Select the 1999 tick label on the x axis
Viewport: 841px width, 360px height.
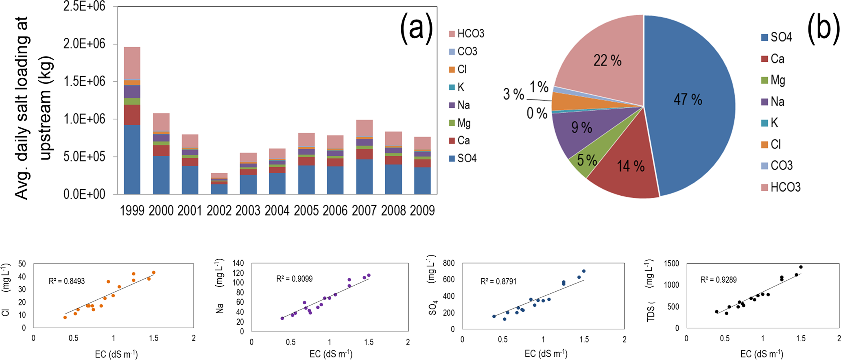point(132,210)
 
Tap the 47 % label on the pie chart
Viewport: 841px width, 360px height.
point(688,99)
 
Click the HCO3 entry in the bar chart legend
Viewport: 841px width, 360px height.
point(467,34)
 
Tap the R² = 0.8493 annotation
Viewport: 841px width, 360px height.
point(67,281)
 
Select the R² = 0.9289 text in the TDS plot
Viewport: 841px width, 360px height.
point(719,280)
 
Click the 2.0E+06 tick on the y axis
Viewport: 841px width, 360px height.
point(84,44)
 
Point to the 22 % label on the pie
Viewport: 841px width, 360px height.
point(607,61)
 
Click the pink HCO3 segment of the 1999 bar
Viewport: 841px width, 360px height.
point(132,63)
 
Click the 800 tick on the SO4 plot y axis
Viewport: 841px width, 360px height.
point(448,263)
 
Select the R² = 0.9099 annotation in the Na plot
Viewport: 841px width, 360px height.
point(295,279)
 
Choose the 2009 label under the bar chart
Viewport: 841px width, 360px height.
point(422,210)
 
